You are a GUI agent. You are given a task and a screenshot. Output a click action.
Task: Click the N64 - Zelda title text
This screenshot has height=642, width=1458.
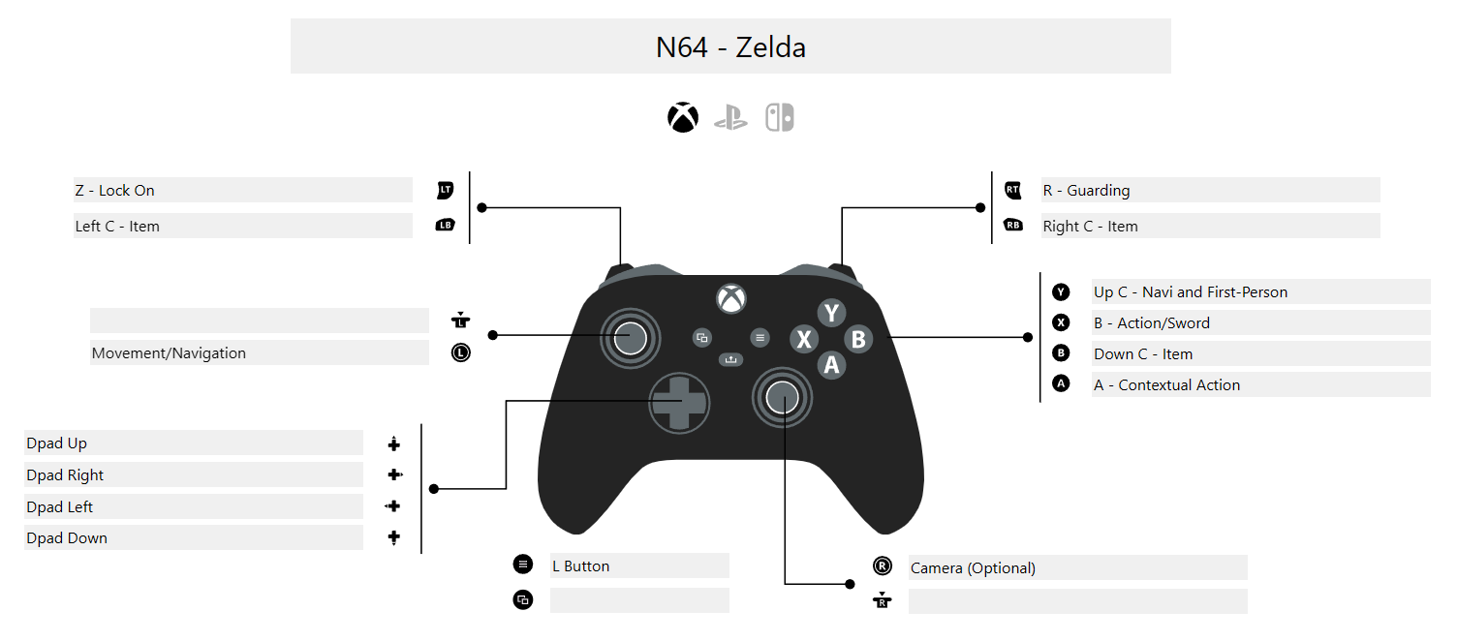[730, 46]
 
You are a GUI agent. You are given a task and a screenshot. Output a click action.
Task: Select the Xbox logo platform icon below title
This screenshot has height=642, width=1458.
[683, 118]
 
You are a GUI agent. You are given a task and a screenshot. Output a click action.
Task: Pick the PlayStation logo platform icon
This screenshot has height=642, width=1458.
[730, 118]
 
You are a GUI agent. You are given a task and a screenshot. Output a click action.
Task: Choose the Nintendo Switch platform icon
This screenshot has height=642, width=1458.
[780, 118]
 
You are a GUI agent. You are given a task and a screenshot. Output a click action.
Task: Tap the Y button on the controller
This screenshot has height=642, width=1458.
[831, 313]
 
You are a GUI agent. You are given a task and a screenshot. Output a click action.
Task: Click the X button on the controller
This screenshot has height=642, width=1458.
[803, 339]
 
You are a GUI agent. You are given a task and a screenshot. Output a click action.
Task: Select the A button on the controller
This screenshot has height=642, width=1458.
[830, 365]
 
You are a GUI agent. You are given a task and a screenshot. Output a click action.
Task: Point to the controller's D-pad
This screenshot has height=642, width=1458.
[678, 403]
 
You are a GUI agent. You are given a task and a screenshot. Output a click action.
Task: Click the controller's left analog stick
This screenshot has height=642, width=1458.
[630, 338]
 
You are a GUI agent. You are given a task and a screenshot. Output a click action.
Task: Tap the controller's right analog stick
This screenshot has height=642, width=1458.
[783, 395]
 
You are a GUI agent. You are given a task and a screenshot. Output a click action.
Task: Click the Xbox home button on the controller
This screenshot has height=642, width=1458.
[731, 298]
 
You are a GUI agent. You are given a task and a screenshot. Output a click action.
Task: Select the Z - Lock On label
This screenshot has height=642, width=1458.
[115, 191]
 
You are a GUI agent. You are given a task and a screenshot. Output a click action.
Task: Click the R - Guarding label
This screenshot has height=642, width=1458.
[1086, 191]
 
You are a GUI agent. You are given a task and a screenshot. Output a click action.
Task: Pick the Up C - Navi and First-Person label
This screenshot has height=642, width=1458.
[1191, 292]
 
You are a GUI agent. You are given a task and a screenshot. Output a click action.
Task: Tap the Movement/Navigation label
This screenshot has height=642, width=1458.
[169, 353]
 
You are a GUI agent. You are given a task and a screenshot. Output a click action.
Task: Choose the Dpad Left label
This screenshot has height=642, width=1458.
[60, 507]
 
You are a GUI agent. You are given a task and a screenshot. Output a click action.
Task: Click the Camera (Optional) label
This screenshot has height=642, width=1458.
[973, 568]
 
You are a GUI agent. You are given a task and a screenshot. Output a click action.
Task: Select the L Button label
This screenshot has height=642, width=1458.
[580, 566]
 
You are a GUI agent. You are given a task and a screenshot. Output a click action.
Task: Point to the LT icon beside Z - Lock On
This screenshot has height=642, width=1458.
[445, 191]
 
